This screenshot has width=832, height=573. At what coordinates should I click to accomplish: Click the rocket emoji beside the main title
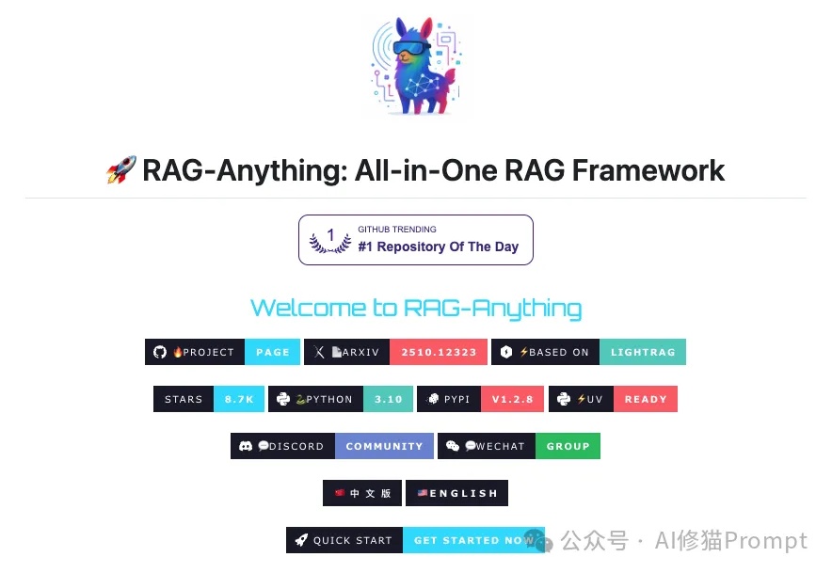coord(121,169)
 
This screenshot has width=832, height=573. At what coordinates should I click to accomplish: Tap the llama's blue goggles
coord(411,48)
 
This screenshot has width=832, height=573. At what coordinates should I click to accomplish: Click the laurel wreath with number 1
coord(330,240)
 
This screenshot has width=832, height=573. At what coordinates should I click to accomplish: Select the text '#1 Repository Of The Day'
coord(438,247)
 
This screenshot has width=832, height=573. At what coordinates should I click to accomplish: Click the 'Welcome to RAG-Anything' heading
coord(416,309)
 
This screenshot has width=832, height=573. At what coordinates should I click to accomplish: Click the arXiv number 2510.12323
coord(439,352)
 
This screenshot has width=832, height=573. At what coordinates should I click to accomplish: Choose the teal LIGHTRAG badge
coord(643,352)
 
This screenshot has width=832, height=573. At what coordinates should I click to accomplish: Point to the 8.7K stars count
coord(239,399)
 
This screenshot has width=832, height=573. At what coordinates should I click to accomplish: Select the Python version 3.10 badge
coord(388,399)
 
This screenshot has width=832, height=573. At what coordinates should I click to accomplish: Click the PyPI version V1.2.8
coord(512,399)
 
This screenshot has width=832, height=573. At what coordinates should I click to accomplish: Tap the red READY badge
coord(646,399)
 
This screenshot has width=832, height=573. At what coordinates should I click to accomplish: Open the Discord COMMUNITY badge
coord(384,446)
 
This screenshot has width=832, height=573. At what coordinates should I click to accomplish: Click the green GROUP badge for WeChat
coord(568,446)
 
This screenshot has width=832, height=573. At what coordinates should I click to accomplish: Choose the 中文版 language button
coord(362,493)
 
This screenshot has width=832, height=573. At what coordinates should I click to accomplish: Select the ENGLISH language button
coord(456,493)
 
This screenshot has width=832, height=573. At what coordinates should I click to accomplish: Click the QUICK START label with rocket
coord(344,540)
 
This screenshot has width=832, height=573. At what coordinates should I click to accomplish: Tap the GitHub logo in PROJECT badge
coord(160,352)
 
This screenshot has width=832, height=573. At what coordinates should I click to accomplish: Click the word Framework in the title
coord(648,170)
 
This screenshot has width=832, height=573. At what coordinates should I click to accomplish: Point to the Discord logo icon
coord(245,446)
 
